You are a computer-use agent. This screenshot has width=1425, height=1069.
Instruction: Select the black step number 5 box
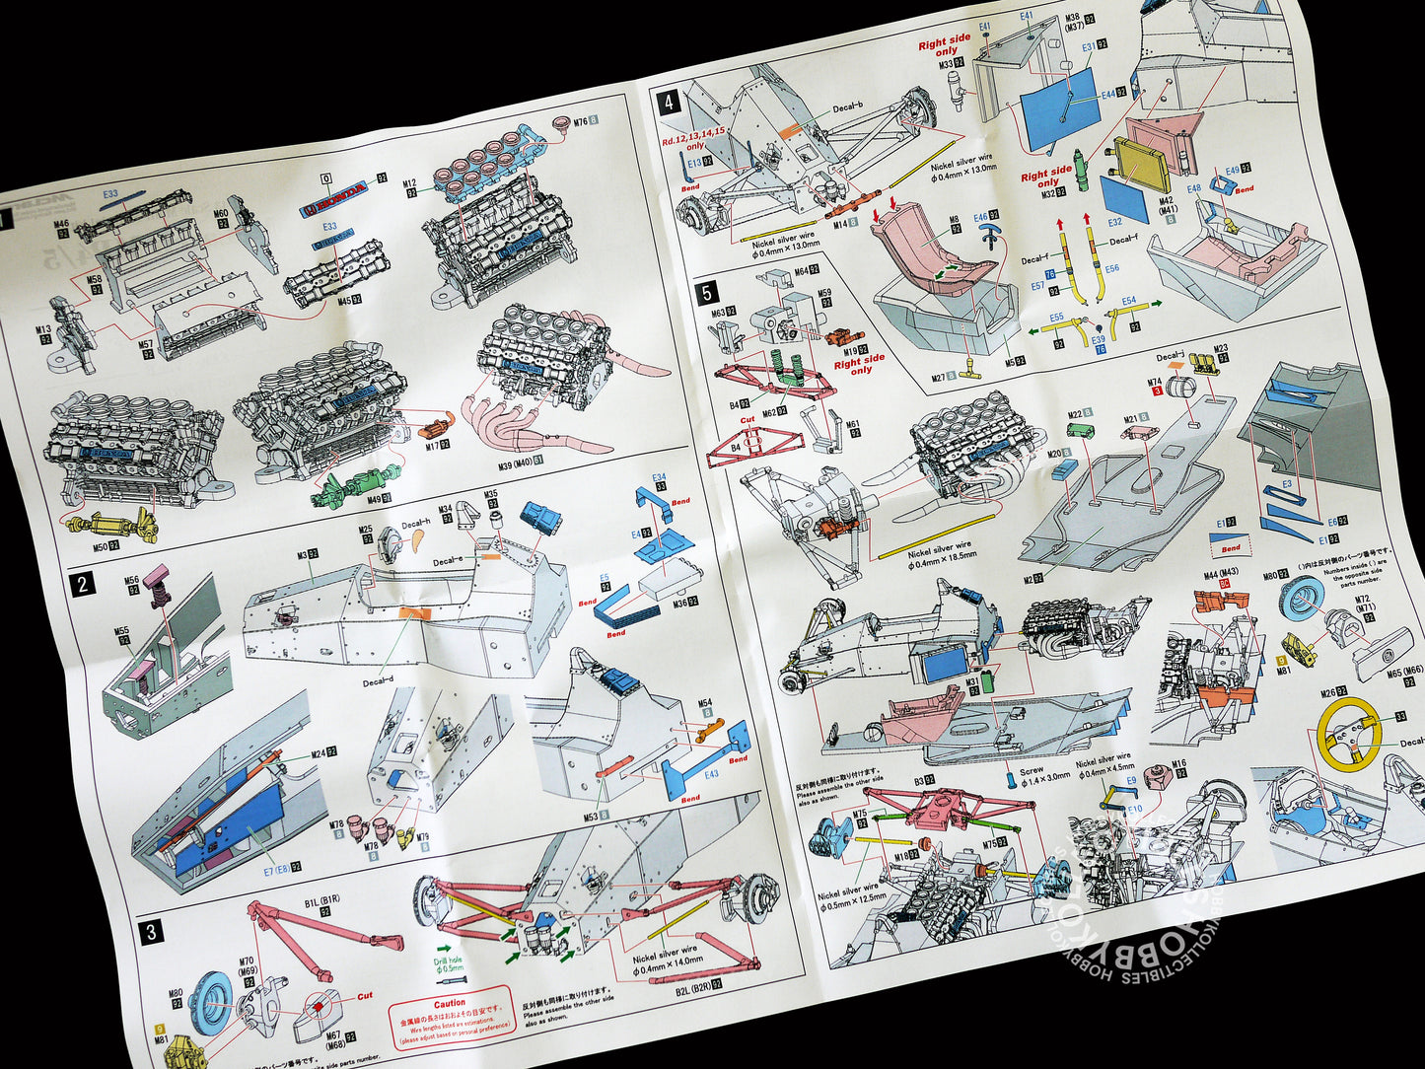click(x=707, y=293)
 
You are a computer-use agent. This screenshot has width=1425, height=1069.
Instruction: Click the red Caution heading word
click(x=449, y=1003)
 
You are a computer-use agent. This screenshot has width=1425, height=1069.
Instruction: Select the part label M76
click(x=580, y=121)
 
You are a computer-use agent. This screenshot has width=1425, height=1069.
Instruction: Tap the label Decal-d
click(x=378, y=681)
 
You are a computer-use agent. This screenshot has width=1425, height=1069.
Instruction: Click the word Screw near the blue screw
click(x=1031, y=771)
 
